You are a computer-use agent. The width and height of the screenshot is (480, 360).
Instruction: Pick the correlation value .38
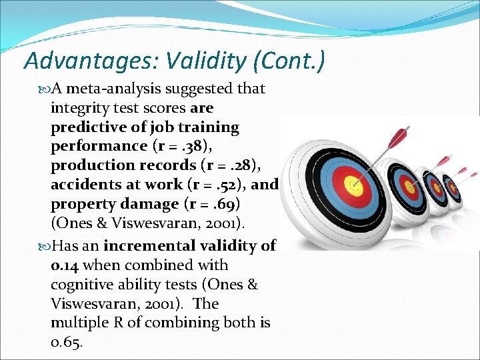[x=194, y=145]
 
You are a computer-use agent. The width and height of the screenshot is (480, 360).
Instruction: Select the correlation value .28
[x=238, y=165]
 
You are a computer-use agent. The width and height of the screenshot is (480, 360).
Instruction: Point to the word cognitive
[x=79, y=285]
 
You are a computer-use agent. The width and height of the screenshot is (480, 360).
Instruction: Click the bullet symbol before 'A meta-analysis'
[x=45, y=89]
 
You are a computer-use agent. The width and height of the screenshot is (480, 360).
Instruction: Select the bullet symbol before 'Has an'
[x=45, y=247]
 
